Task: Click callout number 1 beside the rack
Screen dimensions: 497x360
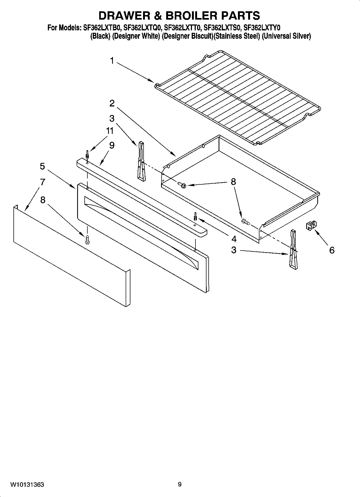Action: [112, 61]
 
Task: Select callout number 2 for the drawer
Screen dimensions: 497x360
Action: [112, 103]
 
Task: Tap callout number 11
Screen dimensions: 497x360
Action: [110, 131]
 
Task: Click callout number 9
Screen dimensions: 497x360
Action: [112, 145]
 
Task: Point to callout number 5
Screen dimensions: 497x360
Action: [42, 166]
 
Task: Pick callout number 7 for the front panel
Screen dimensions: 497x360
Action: [42, 182]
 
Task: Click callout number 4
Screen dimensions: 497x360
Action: [234, 239]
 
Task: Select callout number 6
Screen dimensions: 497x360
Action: [332, 250]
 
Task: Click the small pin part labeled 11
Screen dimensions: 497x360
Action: [87, 155]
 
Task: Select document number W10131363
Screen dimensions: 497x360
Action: [27, 485]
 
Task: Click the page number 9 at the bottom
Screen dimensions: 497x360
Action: [180, 485]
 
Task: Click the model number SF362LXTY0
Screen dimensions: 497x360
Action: [262, 28]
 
